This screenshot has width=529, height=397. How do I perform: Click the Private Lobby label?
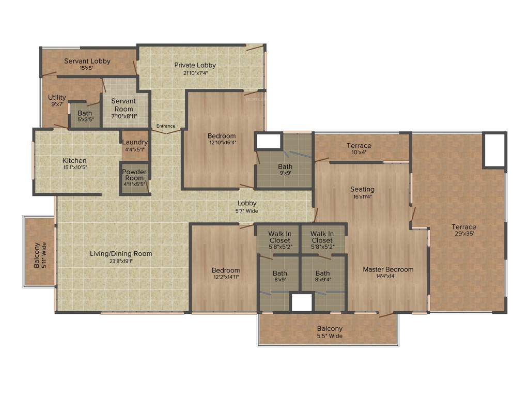[195, 65]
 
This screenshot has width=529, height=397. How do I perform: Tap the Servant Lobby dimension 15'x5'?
[87, 68]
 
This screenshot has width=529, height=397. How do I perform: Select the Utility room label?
[57, 98]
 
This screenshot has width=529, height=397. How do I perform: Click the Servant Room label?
[123, 101]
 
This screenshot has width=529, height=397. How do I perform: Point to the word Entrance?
[166, 126]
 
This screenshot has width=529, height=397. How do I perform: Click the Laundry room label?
[135, 142]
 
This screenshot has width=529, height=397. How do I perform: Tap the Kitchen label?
[74, 161]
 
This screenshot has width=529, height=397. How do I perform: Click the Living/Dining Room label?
[121, 254]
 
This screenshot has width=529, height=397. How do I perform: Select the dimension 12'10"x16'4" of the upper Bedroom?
[223, 143]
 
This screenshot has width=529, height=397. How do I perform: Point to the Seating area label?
[362, 189]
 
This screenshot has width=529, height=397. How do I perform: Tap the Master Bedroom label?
[388, 269]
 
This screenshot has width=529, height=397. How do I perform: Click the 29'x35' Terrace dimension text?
[463, 234]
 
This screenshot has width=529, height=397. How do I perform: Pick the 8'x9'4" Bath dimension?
[322, 280]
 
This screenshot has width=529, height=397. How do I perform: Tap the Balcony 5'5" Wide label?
[330, 336]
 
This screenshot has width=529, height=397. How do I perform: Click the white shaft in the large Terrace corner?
[494, 149]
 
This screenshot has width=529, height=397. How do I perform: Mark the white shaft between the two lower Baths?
[302, 302]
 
